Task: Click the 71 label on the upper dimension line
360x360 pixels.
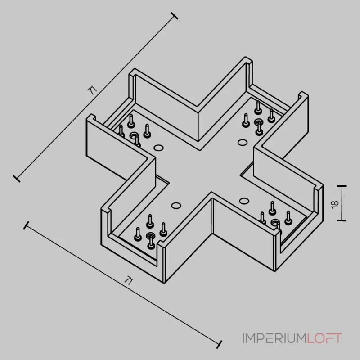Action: coord(92,90)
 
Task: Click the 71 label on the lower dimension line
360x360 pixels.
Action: coord(129,280)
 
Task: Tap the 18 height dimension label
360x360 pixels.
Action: coord(335,204)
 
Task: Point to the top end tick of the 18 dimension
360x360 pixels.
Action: coord(342,186)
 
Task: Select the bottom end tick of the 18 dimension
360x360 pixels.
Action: coord(342,220)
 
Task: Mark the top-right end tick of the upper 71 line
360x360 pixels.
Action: coord(174,16)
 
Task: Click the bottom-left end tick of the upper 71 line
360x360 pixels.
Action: coord(17,179)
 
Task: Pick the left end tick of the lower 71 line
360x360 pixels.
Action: coord(26,225)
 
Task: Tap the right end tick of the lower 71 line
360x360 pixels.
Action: coord(219,344)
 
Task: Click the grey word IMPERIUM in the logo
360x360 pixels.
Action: coord(274,338)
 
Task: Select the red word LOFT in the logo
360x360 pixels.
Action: coord(324,338)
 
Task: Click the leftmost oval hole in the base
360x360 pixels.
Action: coord(158,148)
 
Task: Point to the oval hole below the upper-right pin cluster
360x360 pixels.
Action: coord(243,143)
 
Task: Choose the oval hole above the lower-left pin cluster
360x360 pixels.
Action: coord(176,206)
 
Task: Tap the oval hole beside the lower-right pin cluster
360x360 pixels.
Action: coord(244,201)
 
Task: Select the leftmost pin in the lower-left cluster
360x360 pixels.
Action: coord(138,234)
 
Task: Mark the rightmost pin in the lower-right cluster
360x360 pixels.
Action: coord(288,218)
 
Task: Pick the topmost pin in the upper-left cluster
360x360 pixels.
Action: coord(131,121)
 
